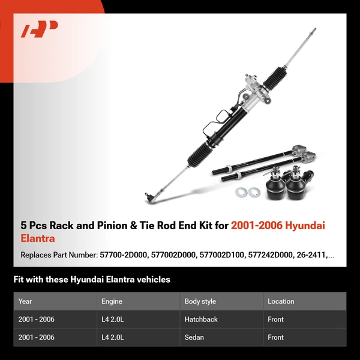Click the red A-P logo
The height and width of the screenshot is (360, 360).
[40, 29]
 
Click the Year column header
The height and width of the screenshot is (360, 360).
[25, 301]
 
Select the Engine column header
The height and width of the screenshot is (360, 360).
[112, 301]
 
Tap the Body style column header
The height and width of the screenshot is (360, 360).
[200, 301]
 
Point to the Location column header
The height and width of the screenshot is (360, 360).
[281, 301]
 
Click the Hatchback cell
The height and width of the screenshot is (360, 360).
[202, 319]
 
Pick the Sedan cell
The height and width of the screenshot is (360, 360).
[194, 337]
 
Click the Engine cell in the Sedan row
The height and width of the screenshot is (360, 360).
[113, 337]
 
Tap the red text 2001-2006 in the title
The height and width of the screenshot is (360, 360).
[257, 226]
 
